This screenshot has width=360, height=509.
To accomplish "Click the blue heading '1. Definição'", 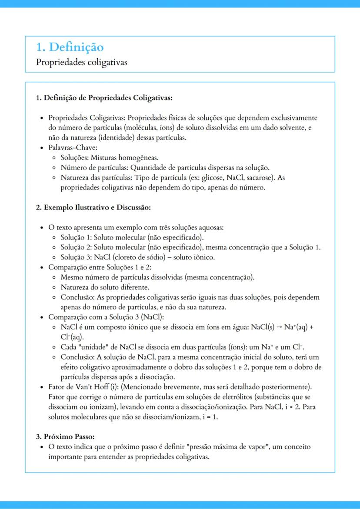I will point(70,47).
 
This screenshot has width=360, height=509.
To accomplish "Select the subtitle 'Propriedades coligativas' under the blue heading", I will point(81,62).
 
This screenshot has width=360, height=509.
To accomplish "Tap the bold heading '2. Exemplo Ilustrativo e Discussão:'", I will point(93,207).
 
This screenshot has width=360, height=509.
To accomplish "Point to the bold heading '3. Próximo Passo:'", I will point(65,436).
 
